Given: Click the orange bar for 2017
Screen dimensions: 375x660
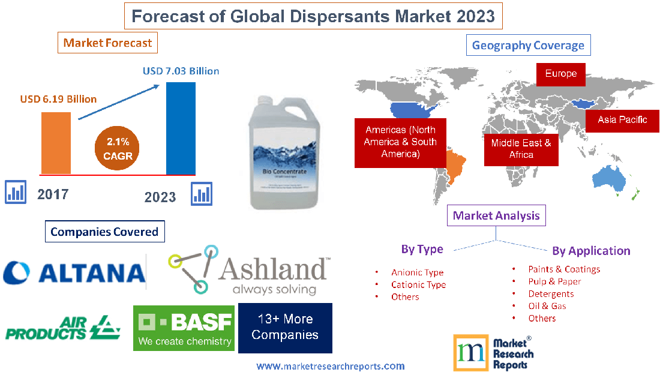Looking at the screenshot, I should pos(56,143).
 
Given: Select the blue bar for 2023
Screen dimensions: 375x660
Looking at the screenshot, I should pos(181,128).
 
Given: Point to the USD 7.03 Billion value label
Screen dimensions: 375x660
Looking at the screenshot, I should pos(181,71).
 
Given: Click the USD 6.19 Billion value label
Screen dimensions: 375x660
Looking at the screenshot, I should pos(58,99).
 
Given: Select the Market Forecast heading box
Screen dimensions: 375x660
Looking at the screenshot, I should pos(107,43).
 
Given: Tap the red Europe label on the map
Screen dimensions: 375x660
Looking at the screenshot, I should pos(560,74).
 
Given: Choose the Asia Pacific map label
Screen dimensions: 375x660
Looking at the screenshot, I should pos(622,119).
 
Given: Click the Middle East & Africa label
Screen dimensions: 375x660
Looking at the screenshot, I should pos(521,149).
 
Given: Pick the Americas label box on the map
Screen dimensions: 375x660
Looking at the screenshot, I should pos(400,142).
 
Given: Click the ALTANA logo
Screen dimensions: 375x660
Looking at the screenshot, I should pos(74,272).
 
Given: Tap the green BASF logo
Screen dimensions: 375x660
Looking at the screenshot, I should pos(184,328).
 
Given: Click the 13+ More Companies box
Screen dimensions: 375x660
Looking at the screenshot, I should pos(285,328).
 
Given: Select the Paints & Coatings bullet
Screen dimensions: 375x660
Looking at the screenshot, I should pos(563,269).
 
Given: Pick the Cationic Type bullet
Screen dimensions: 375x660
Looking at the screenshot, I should pos(418,284).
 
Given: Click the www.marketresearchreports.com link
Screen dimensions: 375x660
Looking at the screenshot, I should pos(330,366).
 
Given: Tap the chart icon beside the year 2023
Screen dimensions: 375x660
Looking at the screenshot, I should pos(202,194).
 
